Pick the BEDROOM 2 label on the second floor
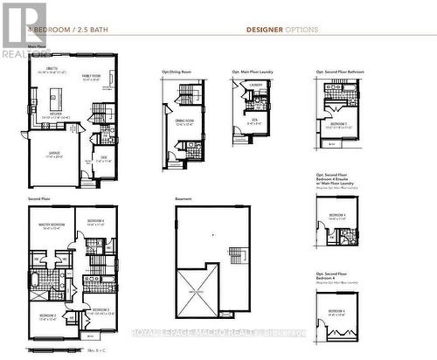coord(47,315)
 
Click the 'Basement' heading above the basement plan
coord(183,199)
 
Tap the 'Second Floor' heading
coord(38,199)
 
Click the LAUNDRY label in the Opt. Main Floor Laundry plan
coord(256,85)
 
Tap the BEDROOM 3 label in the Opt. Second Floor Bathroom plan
coord(339,123)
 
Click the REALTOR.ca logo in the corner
coord(24,29)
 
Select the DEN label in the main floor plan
coord(104,157)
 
